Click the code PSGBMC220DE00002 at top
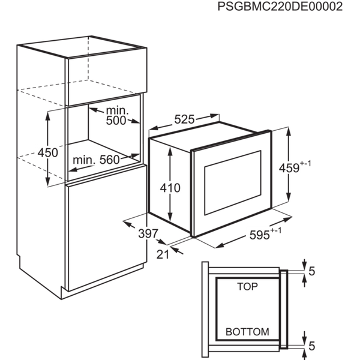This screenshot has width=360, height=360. click(x=280, y=7)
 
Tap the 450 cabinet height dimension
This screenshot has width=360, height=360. click(x=47, y=152)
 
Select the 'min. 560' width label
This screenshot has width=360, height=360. click(x=96, y=160)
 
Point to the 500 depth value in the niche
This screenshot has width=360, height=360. click(x=116, y=121)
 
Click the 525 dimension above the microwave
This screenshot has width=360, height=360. click(x=184, y=119)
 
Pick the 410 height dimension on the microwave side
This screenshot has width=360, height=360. click(x=170, y=188)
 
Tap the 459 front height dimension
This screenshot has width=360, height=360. click(x=289, y=168)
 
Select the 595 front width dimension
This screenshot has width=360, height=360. click(x=259, y=235)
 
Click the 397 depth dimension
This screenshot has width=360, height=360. click(x=148, y=234)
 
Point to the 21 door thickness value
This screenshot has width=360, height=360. click(x=163, y=254)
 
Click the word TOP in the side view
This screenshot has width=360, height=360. click(x=247, y=287)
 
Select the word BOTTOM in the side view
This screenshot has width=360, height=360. click(x=247, y=332)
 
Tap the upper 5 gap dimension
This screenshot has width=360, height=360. click(x=312, y=271)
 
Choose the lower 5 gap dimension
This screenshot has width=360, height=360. click(x=312, y=346)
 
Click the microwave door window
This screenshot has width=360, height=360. click(x=233, y=182)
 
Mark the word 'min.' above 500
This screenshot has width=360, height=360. click(x=117, y=111)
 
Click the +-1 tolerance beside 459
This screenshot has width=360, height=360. click(x=305, y=164)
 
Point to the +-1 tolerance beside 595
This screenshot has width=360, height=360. click(x=275, y=230)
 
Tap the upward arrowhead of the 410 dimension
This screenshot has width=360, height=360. click(x=170, y=152)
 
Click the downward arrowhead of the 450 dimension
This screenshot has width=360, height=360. click(x=47, y=181)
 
